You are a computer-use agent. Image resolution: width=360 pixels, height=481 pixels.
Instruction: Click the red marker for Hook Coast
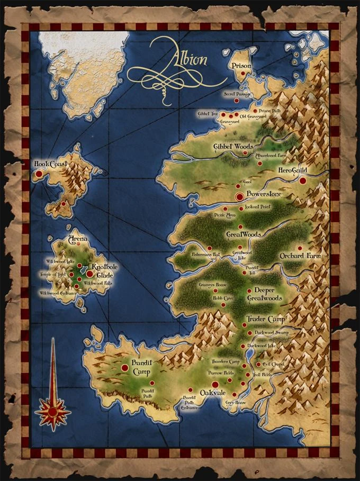pyautogui.click(x=38, y=174)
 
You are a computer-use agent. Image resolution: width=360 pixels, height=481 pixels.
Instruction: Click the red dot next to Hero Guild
pyautogui.click(x=302, y=180)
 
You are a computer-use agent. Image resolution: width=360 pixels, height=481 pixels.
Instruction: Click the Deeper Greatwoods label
pyautogui.click(x=264, y=295)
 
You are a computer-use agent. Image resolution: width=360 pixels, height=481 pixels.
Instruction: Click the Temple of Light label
pyautogui.click(x=53, y=275)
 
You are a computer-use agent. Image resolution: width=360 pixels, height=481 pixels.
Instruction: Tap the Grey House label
pyautogui.click(x=236, y=403)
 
